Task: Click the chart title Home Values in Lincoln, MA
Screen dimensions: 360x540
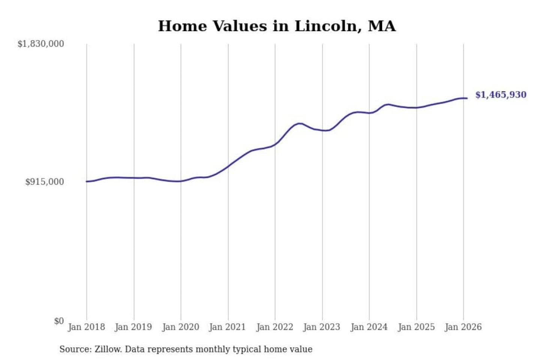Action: pyautogui.click(x=277, y=26)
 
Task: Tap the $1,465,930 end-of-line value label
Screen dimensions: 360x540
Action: pyautogui.click(x=501, y=95)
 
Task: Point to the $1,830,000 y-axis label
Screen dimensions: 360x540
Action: pyautogui.click(x=41, y=44)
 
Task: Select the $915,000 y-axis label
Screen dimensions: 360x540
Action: pyautogui.click(x=45, y=182)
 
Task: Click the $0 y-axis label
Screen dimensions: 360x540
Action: pyautogui.click(x=59, y=321)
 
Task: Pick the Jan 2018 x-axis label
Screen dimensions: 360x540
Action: pyautogui.click(x=87, y=327)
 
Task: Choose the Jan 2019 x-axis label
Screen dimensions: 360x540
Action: pyautogui.click(x=133, y=327)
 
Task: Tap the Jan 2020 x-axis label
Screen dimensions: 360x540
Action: pyautogui.click(x=181, y=327)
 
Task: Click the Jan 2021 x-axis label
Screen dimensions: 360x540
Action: pyautogui.click(x=228, y=327)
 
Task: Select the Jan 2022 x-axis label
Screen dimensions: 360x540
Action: pyautogui.click(x=275, y=327)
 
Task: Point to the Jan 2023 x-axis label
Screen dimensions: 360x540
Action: pyautogui.click(x=322, y=327)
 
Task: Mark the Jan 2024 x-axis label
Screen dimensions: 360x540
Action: pyautogui.click(x=369, y=327)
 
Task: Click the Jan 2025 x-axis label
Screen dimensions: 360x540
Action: pyautogui.click(x=416, y=327)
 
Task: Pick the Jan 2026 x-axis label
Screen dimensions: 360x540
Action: pyautogui.click(x=463, y=327)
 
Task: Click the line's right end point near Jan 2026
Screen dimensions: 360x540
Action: pyautogui.click(x=467, y=98)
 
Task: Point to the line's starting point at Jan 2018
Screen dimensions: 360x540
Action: pyautogui.click(x=87, y=181)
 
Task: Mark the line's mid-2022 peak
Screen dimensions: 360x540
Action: pyautogui.click(x=299, y=123)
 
